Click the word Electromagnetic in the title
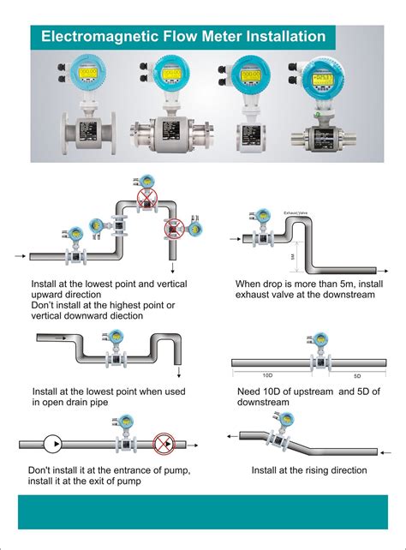[93, 37]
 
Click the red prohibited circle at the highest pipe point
[147, 200]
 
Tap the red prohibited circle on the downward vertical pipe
[175, 228]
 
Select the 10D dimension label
[267, 375]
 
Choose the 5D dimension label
[357, 375]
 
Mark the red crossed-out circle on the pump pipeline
[162, 445]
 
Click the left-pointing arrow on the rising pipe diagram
[232, 435]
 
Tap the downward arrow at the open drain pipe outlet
[177, 372]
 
